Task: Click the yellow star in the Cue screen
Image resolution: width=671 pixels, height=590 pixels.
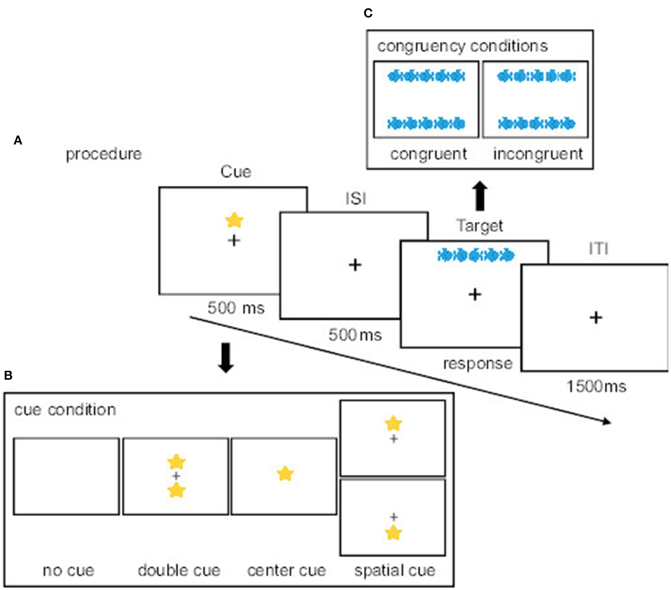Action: (234, 220)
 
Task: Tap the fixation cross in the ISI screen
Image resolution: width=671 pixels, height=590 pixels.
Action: (355, 265)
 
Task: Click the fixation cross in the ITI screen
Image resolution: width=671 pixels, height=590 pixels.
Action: (596, 317)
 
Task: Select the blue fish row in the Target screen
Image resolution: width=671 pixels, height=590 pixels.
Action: (476, 255)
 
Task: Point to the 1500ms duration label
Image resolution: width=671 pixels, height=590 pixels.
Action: (596, 387)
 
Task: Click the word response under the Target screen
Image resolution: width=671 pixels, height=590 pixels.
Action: (478, 363)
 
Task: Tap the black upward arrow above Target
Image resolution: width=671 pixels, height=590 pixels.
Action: (480, 196)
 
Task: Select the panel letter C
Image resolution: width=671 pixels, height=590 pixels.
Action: (368, 13)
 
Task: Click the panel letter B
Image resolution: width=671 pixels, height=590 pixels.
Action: (8, 375)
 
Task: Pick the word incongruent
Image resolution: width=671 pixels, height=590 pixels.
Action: (538, 154)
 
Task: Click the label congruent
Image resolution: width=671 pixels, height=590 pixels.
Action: (428, 154)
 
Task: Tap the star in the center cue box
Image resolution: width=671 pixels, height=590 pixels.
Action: (285, 474)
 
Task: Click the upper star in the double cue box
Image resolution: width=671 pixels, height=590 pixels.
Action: (176, 461)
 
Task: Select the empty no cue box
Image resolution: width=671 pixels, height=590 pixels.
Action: (66, 476)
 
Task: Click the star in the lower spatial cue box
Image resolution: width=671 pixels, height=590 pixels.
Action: (393, 533)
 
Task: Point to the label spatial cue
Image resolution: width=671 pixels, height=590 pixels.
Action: (395, 570)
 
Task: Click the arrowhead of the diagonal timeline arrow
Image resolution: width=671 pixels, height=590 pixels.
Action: (607, 421)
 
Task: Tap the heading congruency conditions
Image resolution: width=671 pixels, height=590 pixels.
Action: (462, 46)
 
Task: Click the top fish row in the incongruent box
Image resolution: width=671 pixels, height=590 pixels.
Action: (536, 76)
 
